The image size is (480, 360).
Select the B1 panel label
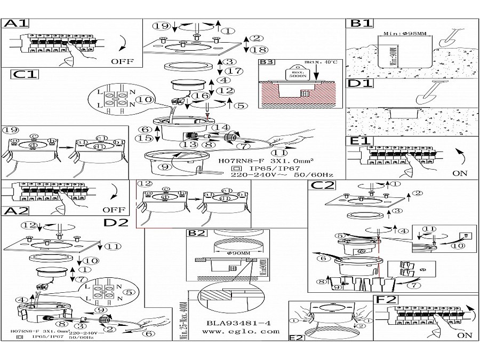pyautogui.click(x=361, y=24)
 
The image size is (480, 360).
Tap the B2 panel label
pyautogui.click(x=196, y=233)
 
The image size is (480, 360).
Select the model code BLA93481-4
pyautogui.click(x=239, y=322)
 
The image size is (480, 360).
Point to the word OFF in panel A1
pyautogui.click(x=122, y=61)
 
